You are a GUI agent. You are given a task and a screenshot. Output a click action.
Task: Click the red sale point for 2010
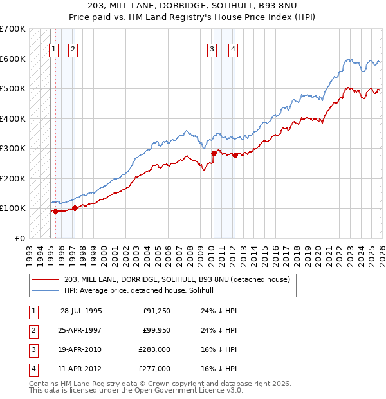tap(213, 153)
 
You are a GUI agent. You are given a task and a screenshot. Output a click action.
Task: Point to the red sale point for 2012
tap(235, 155)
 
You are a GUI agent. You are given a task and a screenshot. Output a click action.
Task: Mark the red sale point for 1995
tap(56, 211)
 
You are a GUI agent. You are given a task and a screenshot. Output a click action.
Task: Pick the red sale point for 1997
tap(75, 208)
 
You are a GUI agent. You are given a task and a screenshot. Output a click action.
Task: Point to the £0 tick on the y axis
tap(20, 238)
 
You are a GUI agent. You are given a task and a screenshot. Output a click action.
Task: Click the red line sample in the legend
tap(46, 279)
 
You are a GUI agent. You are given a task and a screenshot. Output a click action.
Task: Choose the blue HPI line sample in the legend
tap(46, 290)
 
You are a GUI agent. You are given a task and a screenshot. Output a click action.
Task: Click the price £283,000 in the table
tap(154, 349)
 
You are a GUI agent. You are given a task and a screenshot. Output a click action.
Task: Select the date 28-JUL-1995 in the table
tap(81, 311)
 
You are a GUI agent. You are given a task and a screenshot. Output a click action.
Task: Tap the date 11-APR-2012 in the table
tap(81, 369)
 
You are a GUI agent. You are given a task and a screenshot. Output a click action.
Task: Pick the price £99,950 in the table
tap(156, 330)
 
